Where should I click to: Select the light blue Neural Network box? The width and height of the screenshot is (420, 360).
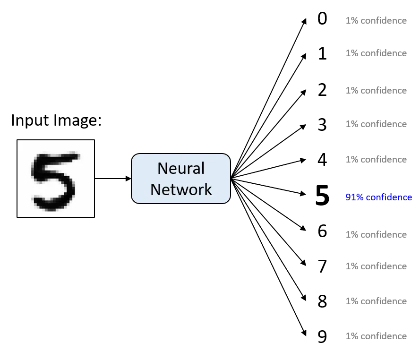(x=180, y=179)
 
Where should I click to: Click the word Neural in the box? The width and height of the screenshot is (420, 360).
(x=180, y=168)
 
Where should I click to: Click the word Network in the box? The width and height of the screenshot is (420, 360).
(x=180, y=189)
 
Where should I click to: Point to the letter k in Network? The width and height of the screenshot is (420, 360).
(x=207, y=189)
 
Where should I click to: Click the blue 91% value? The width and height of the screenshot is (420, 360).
(x=352, y=197)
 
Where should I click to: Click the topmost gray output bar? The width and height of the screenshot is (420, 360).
(x=376, y=22)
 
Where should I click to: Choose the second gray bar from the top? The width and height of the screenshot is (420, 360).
(x=376, y=53)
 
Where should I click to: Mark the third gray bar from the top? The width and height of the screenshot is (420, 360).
(x=376, y=90)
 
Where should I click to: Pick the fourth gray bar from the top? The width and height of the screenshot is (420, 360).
(x=376, y=124)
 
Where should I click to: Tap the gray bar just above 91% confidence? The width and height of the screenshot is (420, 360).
(x=376, y=159)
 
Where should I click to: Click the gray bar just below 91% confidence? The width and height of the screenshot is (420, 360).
(x=376, y=234)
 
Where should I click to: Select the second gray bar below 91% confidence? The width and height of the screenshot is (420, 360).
(x=376, y=267)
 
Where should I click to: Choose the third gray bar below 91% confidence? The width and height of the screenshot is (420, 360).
(x=376, y=301)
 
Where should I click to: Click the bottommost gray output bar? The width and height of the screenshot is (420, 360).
(x=376, y=336)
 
